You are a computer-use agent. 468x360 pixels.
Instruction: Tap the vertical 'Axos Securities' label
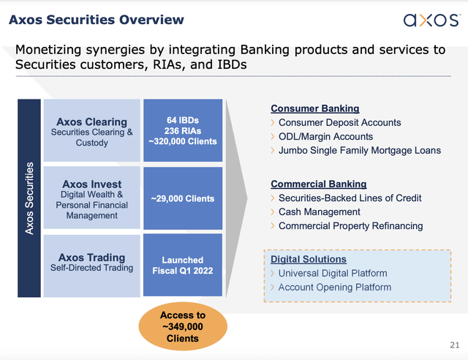click(x=29, y=198)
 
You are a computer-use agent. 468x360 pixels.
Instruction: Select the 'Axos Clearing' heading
click(x=91, y=121)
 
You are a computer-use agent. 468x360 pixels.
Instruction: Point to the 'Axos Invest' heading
click(x=91, y=184)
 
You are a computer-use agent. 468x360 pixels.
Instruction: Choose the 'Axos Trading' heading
click(x=91, y=257)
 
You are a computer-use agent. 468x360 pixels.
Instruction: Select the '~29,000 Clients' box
click(x=182, y=198)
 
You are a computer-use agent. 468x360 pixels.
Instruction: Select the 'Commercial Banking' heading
click(x=318, y=184)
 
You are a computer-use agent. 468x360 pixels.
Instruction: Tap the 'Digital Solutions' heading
click(x=309, y=259)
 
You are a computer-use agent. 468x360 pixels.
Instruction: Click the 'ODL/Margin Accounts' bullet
click(x=325, y=136)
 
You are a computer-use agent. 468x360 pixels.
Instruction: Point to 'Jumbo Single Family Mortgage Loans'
click(x=359, y=150)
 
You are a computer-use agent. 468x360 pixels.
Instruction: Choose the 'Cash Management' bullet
click(x=319, y=211)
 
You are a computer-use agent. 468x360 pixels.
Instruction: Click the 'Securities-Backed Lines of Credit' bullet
click(x=350, y=198)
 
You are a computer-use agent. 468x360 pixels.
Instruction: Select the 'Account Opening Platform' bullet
click(x=334, y=287)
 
